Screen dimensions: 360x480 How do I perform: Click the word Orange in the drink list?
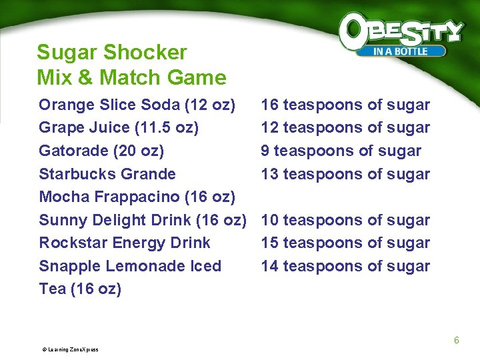pos(65,105)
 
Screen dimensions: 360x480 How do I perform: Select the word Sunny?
pos(59,220)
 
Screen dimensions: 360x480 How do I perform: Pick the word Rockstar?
pos(72,243)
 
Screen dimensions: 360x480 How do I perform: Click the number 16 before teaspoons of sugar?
pos(269,105)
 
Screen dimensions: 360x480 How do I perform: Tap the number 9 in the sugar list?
pos(265,151)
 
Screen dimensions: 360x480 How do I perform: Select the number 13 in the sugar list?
pos(269,175)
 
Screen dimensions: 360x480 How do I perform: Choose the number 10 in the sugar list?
pos(269,220)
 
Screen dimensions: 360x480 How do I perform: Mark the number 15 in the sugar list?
pos(269,243)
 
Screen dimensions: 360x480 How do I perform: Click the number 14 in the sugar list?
pos(269,267)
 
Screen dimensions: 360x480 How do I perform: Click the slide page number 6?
pos(457,341)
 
